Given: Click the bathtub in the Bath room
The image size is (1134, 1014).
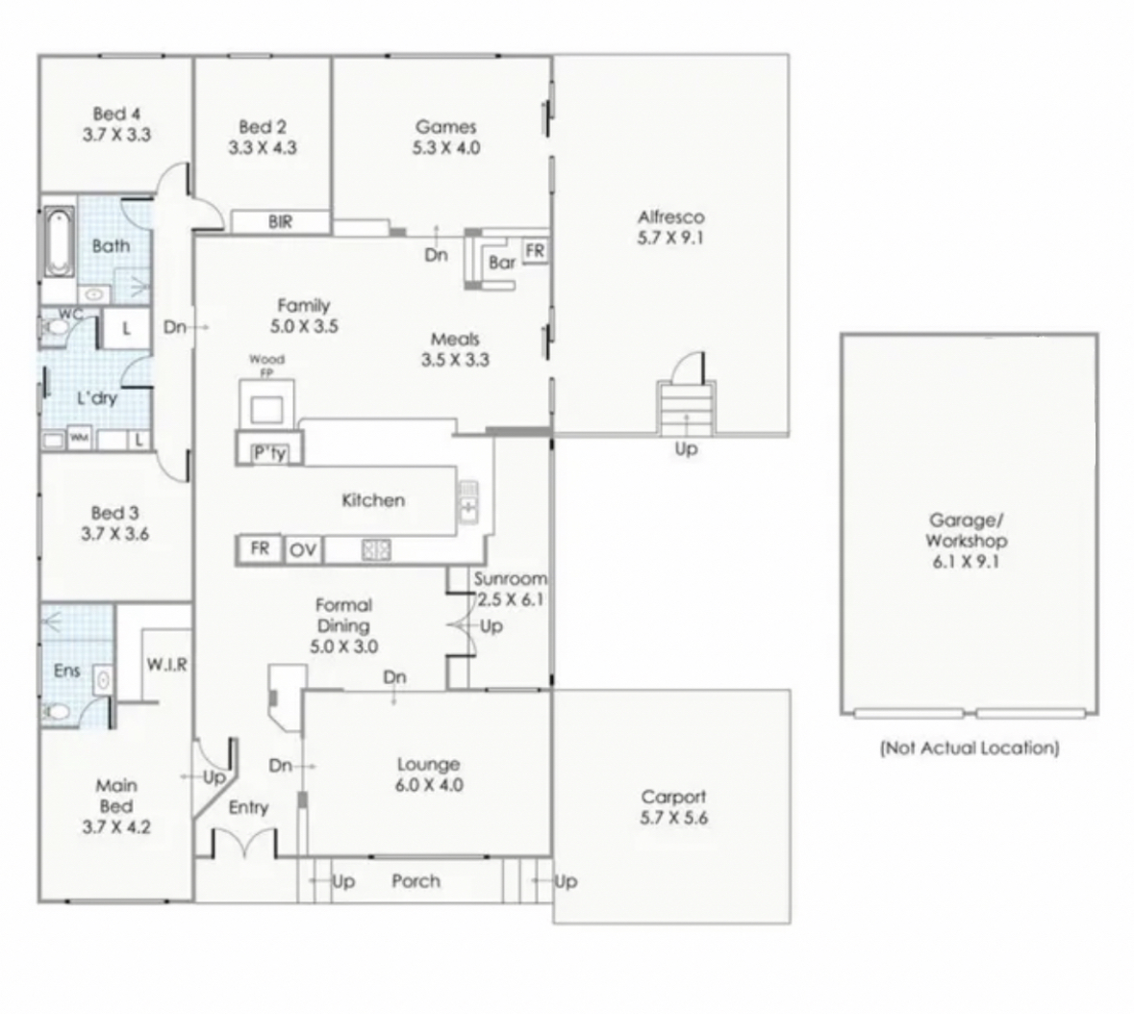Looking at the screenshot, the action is pyautogui.click(x=59, y=242).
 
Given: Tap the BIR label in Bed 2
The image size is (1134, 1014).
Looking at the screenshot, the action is pyautogui.click(x=281, y=222).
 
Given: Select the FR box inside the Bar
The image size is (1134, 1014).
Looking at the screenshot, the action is pyautogui.click(x=535, y=251).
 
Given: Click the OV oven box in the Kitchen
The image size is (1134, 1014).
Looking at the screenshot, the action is pyautogui.click(x=303, y=550).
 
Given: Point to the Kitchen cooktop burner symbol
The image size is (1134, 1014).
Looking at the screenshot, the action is pyautogui.click(x=376, y=550).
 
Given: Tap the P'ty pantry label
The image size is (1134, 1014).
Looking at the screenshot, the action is pyautogui.click(x=269, y=453).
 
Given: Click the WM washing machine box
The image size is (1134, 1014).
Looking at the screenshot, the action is pyautogui.click(x=79, y=438).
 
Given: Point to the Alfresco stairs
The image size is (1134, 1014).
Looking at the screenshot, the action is pyautogui.click(x=686, y=408).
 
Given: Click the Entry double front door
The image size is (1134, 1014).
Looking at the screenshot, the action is pyautogui.click(x=244, y=844).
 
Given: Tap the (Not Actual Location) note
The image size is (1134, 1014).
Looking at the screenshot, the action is pyautogui.click(x=970, y=748).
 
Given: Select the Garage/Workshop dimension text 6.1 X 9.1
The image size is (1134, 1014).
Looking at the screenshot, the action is pyautogui.click(x=966, y=561).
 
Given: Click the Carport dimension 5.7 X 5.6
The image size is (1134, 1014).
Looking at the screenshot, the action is pyautogui.click(x=673, y=818).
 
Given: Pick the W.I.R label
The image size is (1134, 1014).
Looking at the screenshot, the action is pyautogui.click(x=167, y=664).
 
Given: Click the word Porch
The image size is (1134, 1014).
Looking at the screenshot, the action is pyautogui.click(x=416, y=881).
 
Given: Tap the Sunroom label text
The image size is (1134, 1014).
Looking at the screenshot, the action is pyautogui.click(x=510, y=578).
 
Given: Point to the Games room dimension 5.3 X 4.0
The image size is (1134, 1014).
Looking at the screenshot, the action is pyautogui.click(x=446, y=147).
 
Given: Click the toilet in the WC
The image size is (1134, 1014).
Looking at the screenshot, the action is pyautogui.click(x=55, y=328).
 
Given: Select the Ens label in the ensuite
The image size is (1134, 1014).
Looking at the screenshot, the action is pyautogui.click(x=66, y=671).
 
